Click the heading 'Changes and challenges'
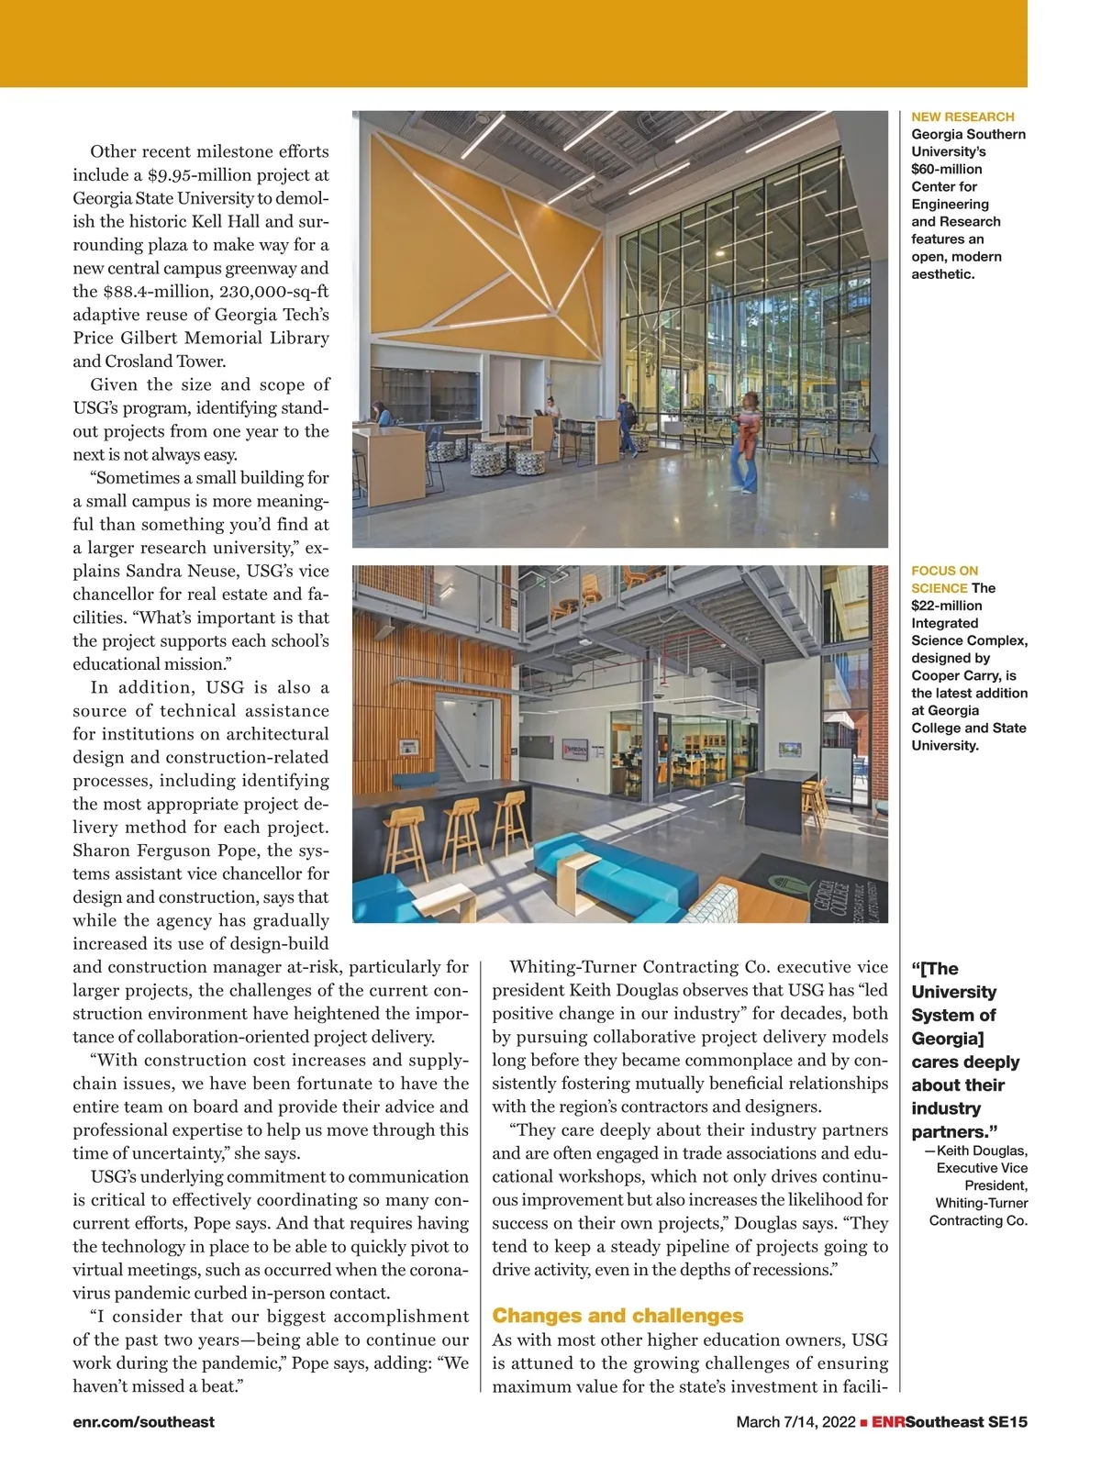point(617,1316)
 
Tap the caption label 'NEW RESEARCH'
point(962,117)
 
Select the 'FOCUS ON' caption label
point(944,571)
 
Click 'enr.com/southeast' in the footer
point(143,1422)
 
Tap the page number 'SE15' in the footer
point(1007,1422)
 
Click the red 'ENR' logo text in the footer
point(888,1422)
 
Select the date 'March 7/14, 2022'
point(795,1422)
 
